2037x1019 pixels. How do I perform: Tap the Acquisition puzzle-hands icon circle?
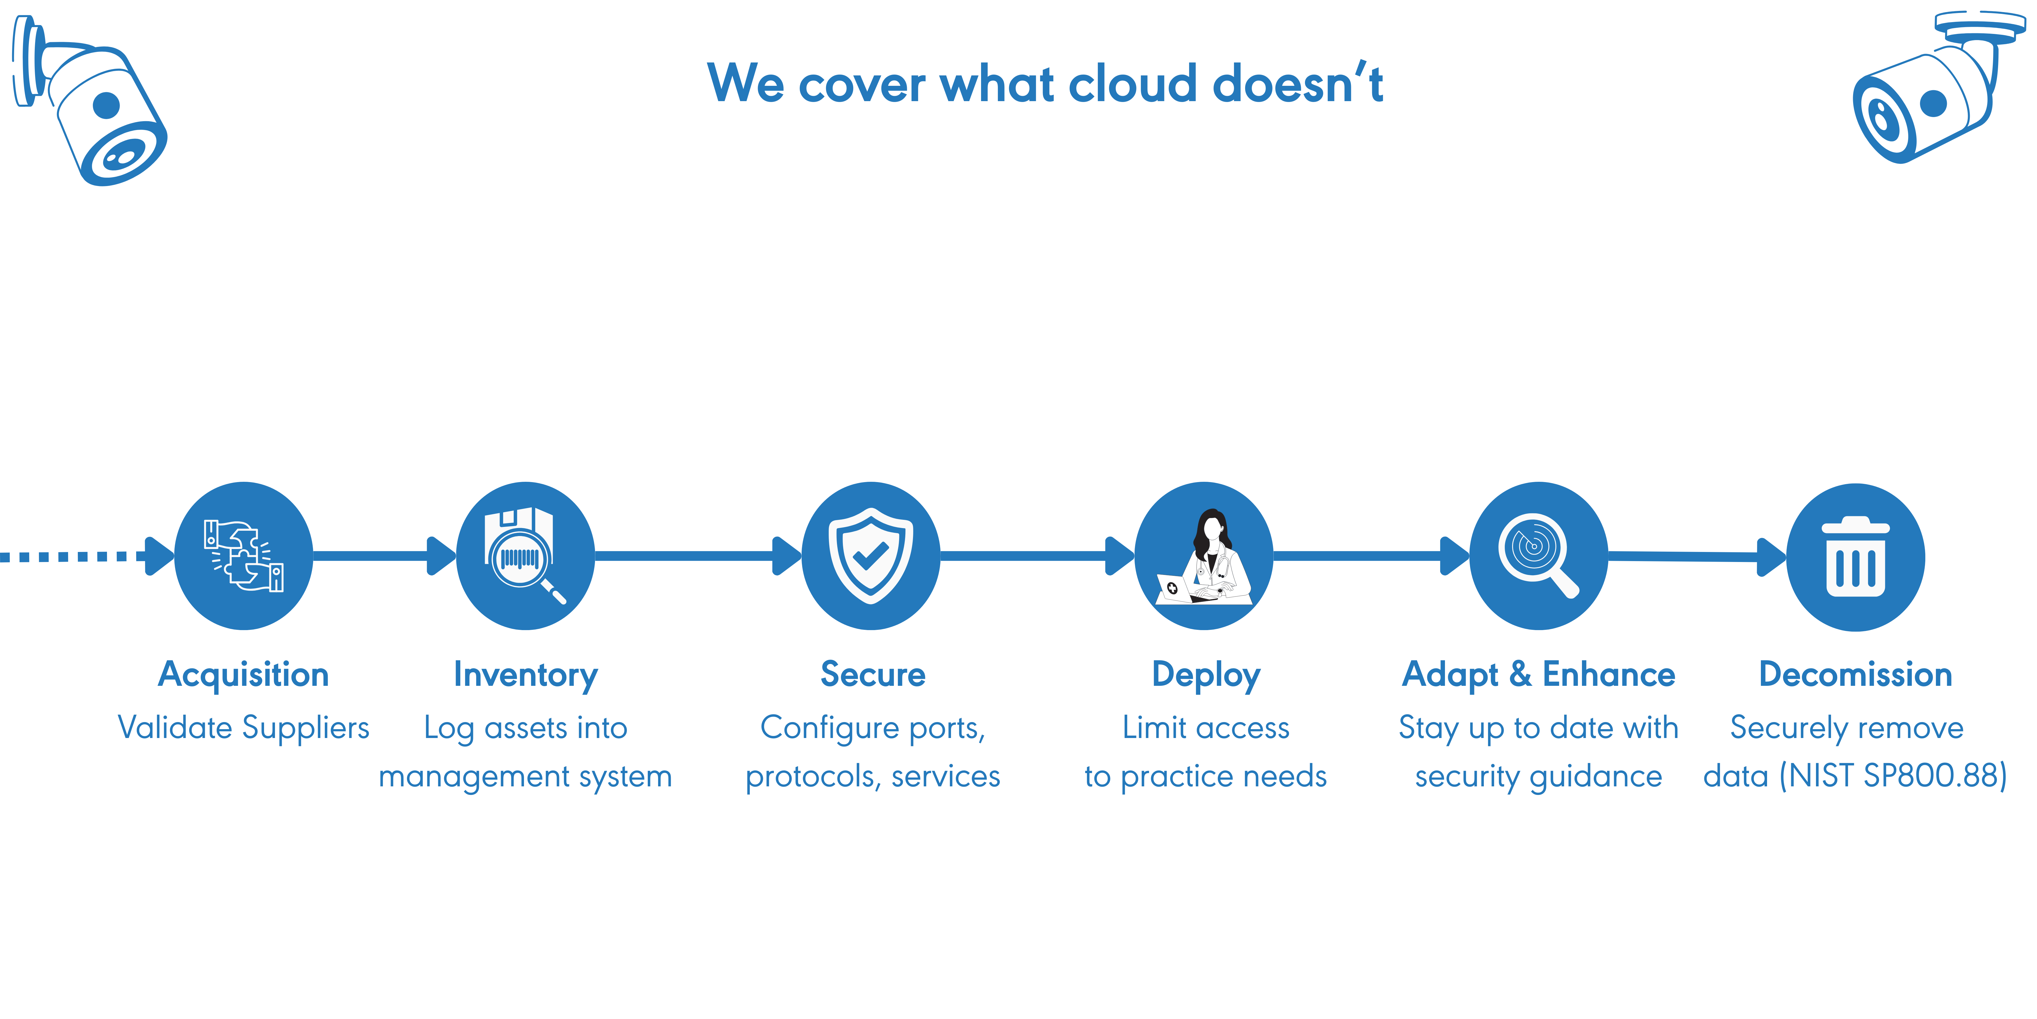[243, 556]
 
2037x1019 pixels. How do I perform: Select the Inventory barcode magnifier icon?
[525, 556]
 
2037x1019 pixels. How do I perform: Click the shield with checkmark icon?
[871, 556]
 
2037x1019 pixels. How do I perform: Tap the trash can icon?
[1855, 558]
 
